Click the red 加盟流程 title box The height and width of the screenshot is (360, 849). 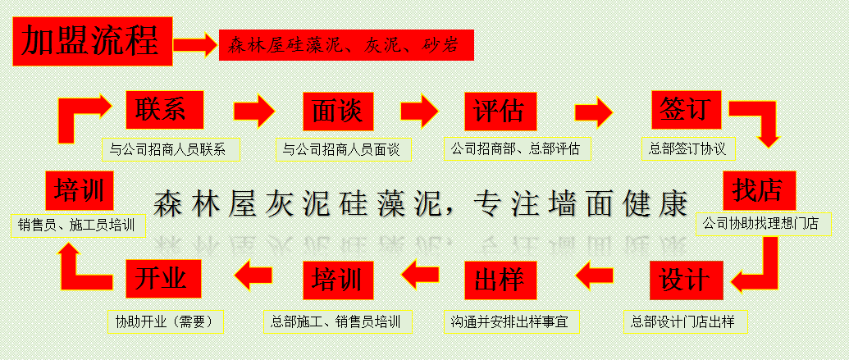click(93, 42)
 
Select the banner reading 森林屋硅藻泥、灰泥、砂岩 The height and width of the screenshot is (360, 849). click(346, 45)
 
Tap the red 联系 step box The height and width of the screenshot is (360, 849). click(165, 110)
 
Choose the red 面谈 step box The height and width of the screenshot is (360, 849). click(339, 112)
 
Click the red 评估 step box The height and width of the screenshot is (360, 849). click(500, 112)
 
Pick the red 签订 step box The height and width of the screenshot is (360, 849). click(687, 110)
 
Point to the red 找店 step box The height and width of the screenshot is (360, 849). click(760, 190)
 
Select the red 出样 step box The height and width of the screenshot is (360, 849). click(500, 280)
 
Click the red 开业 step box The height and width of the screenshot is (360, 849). click(163, 279)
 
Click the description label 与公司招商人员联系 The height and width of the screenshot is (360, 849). click(171, 149)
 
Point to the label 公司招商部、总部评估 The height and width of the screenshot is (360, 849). click(518, 149)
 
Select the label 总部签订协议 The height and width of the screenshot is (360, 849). click(688, 148)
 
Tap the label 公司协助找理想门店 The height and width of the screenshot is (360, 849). click(764, 224)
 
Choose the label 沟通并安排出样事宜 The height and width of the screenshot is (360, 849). click(512, 322)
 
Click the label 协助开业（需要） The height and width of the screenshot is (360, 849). click(166, 322)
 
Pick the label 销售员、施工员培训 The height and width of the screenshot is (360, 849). click(79, 225)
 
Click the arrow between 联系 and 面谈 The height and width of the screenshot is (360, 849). click(254, 111)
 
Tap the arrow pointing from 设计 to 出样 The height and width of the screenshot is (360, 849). click(595, 278)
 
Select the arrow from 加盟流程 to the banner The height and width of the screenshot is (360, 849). click(195, 44)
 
